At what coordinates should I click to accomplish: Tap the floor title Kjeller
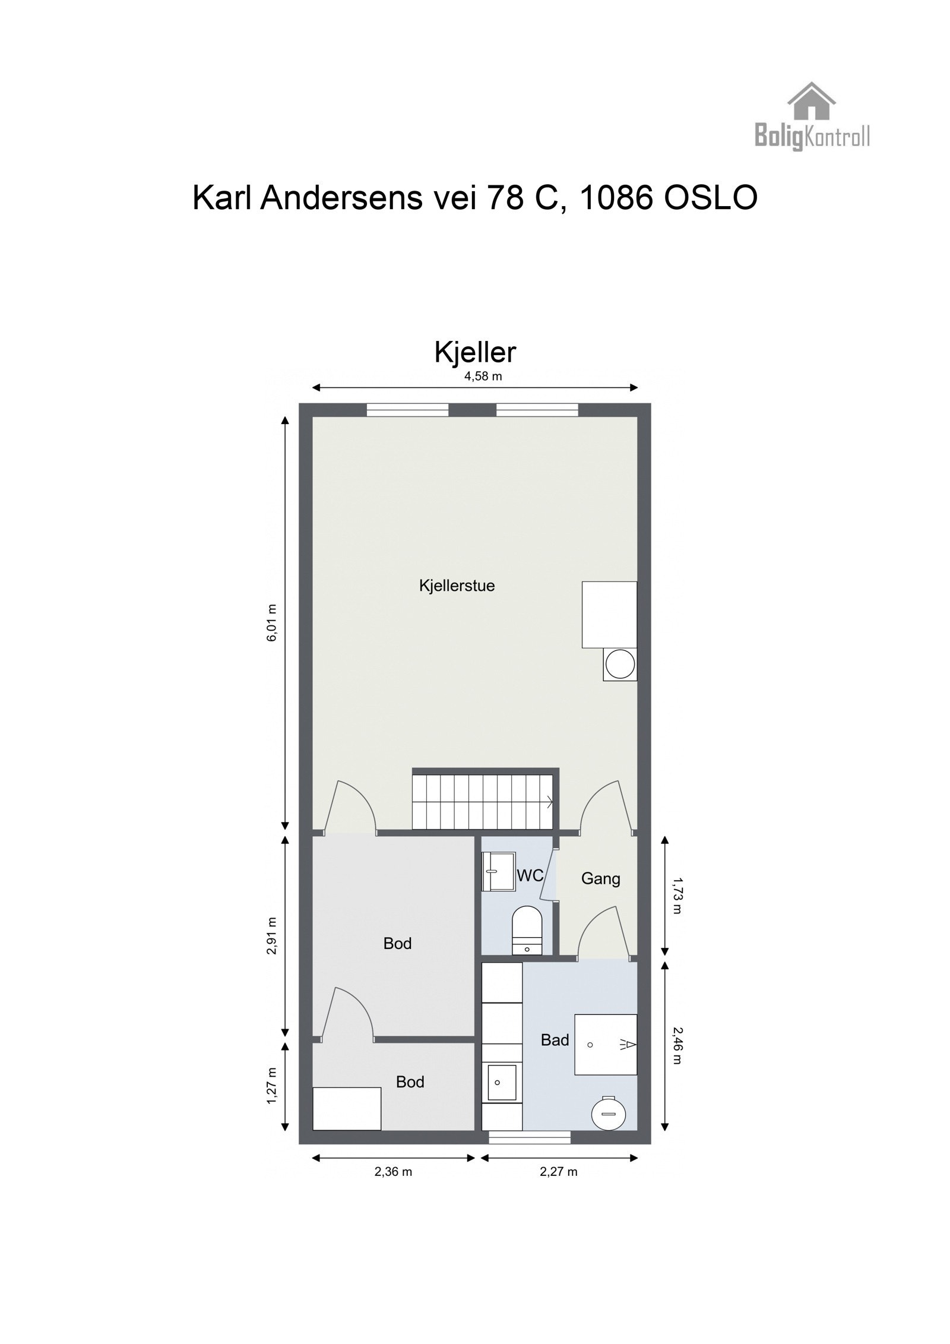475,352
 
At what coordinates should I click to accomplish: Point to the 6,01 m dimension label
272,623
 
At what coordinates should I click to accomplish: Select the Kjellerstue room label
457,586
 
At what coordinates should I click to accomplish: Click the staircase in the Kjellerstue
484,800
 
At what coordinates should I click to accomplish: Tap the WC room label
530,875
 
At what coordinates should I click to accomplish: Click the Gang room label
600,878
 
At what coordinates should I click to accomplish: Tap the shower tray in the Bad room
605,1044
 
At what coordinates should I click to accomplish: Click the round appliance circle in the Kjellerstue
620,665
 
